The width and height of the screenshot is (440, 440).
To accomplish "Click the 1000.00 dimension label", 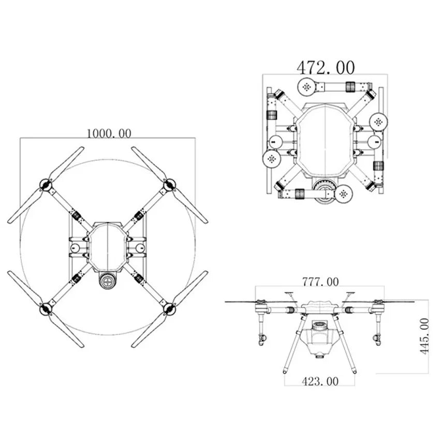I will [109, 133].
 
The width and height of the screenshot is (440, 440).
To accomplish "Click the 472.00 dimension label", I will [326, 67].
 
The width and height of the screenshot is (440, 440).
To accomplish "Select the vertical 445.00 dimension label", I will [424, 336].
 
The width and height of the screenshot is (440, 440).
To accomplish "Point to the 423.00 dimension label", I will [320, 381].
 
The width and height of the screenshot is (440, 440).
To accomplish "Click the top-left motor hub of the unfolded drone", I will [46, 184].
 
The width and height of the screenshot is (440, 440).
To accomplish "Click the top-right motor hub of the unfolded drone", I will [168, 184].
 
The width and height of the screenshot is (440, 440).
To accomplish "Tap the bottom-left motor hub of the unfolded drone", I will [46, 309].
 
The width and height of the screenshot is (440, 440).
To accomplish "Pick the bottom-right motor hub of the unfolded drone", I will [168, 309].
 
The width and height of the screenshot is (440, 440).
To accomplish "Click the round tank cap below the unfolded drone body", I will [108, 282].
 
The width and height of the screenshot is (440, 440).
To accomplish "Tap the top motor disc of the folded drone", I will [307, 86].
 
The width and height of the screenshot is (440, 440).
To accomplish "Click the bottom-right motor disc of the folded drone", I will [343, 194].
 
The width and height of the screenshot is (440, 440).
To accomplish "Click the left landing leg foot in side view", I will [285, 371].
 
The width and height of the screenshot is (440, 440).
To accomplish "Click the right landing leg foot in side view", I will [355, 371].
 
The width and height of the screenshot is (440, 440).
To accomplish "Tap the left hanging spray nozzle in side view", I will [261, 340].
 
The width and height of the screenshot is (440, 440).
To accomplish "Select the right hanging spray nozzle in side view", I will [377, 340].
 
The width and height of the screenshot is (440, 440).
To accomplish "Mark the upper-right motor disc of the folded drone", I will [378, 122].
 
